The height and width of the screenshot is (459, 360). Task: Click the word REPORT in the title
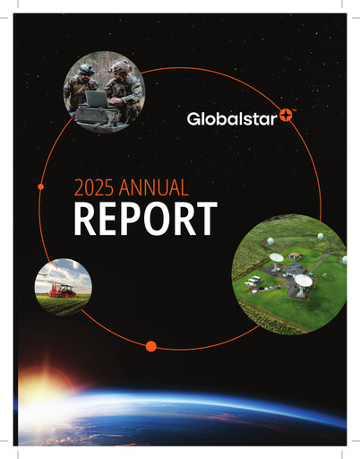(145, 219)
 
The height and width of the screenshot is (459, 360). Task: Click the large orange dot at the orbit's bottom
(150, 346)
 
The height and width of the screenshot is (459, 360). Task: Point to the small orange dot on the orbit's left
(41, 186)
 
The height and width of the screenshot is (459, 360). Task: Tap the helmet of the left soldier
(85, 69)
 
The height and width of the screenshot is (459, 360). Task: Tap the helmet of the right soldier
(118, 66)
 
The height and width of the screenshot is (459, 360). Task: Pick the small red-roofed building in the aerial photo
(295, 255)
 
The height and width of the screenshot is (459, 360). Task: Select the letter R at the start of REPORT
(85, 219)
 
